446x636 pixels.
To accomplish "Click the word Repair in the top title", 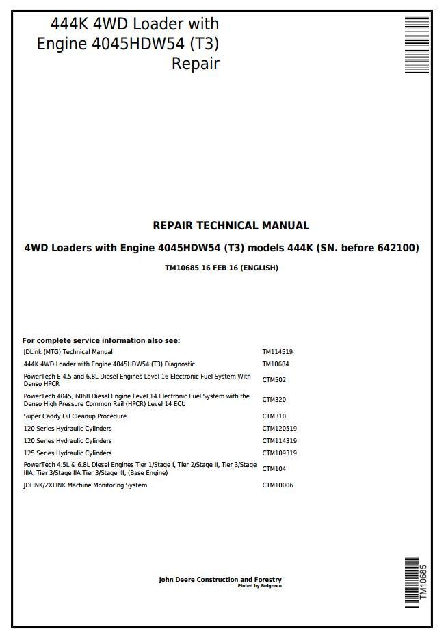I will click(195, 64).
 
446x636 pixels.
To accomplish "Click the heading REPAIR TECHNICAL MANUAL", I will click(231, 225).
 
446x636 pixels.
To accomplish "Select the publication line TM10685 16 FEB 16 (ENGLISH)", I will click(222, 268).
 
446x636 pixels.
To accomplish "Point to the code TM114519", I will click(277, 352).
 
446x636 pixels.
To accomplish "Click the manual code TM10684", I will click(275, 364).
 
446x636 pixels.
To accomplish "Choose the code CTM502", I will click(274, 380).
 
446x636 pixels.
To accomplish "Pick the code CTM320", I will click(274, 400).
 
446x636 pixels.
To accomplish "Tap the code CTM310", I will click(274, 416).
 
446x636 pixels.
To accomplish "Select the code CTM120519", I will click(279, 429).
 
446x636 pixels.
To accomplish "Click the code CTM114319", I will click(279, 441).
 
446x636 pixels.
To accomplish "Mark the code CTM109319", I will click(279, 453).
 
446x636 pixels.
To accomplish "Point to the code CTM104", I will click(274, 469).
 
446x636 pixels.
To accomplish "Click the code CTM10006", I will click(277, 485).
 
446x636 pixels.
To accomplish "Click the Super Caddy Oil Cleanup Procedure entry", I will click(75, 416).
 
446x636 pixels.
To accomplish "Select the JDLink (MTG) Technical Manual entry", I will click(68, 352).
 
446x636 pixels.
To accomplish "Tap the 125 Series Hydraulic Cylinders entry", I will click(67, 453).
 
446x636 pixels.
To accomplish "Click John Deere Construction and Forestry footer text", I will click(220, 580).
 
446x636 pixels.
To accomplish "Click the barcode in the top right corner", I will click(416, 44).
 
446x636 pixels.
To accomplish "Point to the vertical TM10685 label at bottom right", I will click(423, 582).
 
